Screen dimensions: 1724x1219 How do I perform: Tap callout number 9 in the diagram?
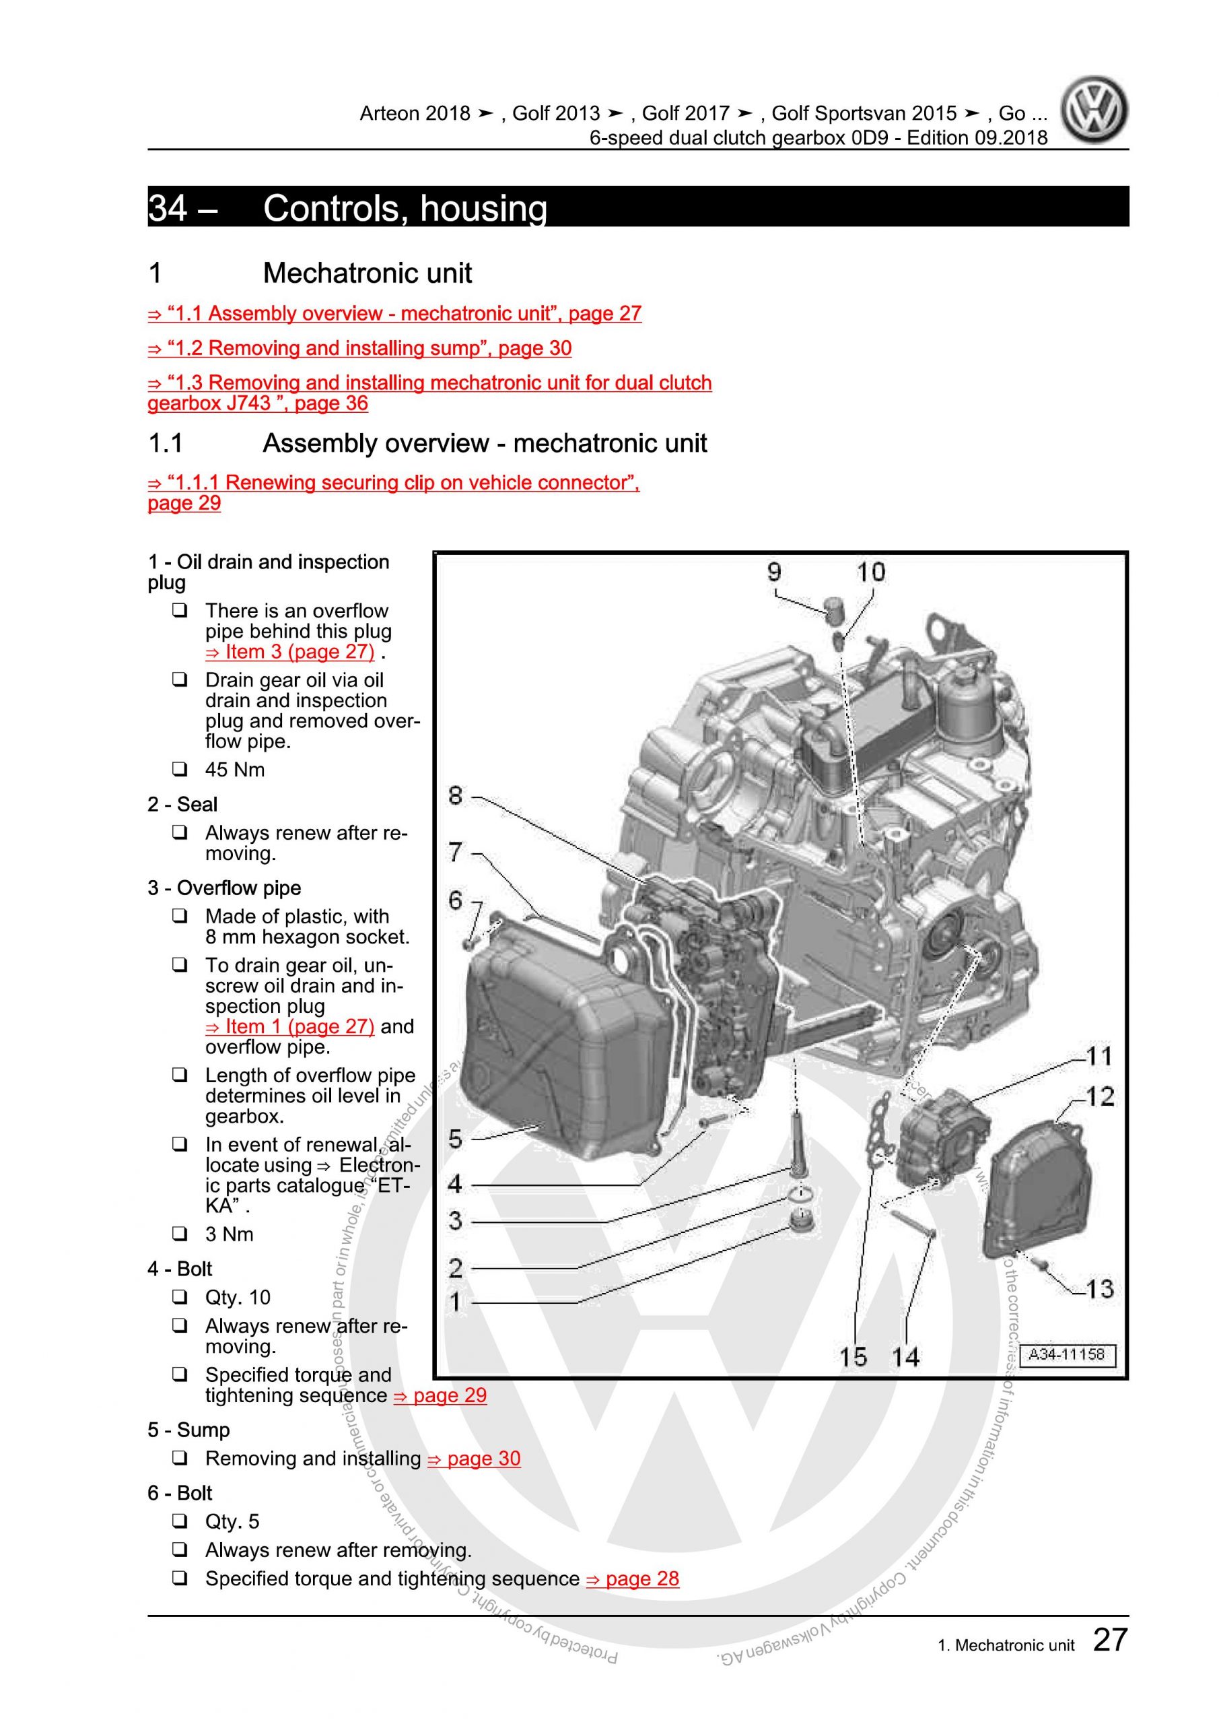point(774,573)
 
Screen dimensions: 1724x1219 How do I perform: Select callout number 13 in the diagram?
point(1099,1289)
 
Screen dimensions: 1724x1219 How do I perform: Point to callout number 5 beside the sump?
point(456,1139)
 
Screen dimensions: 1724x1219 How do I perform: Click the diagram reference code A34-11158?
point(1066,1354)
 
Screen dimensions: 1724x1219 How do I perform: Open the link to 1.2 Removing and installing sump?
point(359,348)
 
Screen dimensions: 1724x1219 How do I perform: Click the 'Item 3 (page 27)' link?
point(289,652)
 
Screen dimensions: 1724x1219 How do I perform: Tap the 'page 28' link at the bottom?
point(632,1579)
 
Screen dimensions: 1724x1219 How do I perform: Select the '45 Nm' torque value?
point(235,770)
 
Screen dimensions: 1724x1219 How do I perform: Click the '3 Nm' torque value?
point(229,1234)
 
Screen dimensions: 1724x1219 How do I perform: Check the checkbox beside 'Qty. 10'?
point(180,1297)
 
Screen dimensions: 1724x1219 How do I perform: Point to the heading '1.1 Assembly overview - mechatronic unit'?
point(428,444)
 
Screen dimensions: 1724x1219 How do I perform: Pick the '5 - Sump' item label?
point(188,1430)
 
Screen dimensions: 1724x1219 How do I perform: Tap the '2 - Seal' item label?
point(182,805)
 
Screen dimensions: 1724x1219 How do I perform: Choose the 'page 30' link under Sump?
point(474,1458)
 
